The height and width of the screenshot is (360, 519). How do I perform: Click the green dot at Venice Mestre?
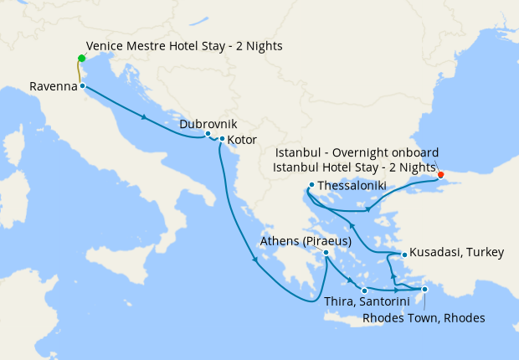click(x=81, y=58)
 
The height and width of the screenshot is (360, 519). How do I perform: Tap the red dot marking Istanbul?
click(x=441, y=175)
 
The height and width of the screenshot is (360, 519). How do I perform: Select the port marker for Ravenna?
click(x=82, y=86)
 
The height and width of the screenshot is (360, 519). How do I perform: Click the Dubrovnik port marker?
click(x=208, y=134)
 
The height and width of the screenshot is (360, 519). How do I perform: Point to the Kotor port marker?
click(x=222, y=139)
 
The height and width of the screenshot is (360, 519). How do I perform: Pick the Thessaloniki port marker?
click(x=311, y=185)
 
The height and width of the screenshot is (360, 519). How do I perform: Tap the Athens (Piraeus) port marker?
click(x=326, y=253)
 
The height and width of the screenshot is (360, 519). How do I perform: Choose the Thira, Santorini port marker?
click(x=364, y=291)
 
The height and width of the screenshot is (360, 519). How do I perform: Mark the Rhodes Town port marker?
click(x=424, y=290)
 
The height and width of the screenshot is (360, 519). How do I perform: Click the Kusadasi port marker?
click(x=404, y=254)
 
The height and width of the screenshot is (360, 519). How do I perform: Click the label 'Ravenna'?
click(x=52, y=86)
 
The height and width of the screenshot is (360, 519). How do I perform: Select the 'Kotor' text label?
click(x=242, y=139)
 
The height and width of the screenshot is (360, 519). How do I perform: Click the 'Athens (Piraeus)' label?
click(x=304, y=241)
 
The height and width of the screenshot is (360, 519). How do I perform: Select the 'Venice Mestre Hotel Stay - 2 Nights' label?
click(x=184, y=45)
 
